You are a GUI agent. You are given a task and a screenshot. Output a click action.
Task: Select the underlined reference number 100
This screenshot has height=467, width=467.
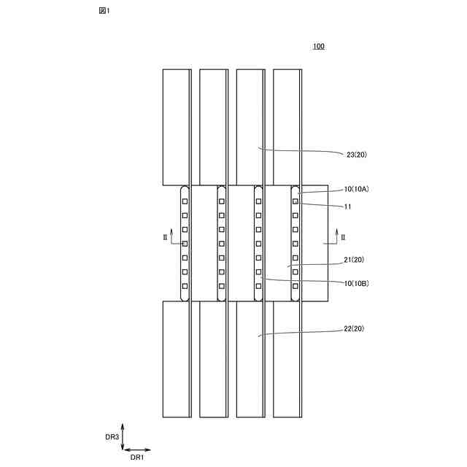[319, 47]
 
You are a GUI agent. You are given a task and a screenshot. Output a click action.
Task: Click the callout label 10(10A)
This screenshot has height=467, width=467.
[357, 189]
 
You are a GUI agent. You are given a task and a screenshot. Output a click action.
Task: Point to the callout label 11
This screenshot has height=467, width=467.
[348, 207]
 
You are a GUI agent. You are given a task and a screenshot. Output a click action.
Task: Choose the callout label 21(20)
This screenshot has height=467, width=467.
[357, 260]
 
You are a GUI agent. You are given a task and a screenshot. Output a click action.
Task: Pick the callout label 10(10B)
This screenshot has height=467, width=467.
[357, 283]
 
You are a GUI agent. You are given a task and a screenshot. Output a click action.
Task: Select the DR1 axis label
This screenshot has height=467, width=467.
[137, 458]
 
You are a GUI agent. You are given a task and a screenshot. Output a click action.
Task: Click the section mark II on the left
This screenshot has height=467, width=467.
[165, 237]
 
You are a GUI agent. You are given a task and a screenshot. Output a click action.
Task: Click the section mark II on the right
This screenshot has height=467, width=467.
[344, 237]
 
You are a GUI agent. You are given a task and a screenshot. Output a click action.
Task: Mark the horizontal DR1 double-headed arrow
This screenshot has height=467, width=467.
[137, 449]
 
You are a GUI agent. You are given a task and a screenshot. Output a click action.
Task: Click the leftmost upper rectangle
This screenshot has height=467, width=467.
[176, 127]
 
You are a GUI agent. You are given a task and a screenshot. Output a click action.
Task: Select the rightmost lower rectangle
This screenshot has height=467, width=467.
[287, 359]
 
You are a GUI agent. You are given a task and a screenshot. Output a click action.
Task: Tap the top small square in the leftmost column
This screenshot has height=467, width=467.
[185, 201]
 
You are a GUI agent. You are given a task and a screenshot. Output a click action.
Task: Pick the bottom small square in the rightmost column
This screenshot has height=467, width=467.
[296, 285]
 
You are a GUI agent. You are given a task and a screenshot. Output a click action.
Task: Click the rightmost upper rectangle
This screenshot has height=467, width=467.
[287, 127]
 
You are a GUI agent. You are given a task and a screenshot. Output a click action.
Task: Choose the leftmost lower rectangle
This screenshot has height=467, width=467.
[176, 359]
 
